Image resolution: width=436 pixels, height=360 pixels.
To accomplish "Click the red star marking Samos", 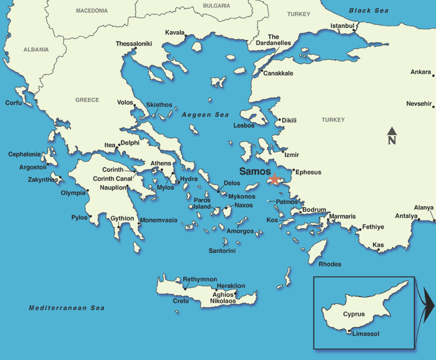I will pos(275,178).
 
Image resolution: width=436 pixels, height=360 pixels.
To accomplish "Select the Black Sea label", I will pos(368,11).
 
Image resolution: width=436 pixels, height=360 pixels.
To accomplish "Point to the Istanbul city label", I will pos(342,26).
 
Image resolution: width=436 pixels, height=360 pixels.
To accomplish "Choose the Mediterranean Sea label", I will pos(67,308).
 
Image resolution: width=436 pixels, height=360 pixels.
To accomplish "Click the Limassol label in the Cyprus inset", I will pos(366,334).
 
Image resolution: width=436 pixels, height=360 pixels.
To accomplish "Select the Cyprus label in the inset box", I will pos(353,313).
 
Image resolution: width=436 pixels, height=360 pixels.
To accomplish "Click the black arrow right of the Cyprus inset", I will pos(428,304).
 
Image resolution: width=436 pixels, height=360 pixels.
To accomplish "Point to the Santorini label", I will pos(222,251).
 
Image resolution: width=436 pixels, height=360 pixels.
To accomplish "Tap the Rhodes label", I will pos(329,264).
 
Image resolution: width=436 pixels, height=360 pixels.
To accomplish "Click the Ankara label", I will pos(420,72).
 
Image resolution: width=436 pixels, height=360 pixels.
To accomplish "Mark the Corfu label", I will pos(14,103).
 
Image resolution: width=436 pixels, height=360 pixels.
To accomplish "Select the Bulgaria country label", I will pos(216,6).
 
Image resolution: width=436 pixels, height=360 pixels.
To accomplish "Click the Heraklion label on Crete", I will pos(230,286).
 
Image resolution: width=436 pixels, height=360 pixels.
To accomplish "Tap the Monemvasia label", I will pos(158,220).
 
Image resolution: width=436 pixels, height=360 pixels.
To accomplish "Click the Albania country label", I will pos(36,49).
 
